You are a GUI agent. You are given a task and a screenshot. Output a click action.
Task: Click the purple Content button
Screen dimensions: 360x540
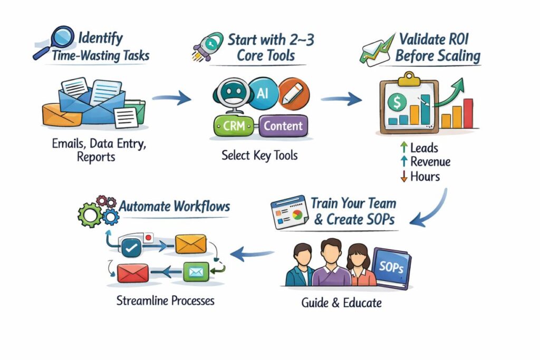pyautogui.click(x=283, y=125)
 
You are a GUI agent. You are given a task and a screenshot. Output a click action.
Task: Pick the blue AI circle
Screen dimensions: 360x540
pyautogui.click(x=262, y=93)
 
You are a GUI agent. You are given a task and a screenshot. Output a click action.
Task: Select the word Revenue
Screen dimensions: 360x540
pyautogui.click(x=430, y=162)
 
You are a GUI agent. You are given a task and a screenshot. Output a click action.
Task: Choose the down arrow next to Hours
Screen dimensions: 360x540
pyautogui.click(x=404, y=177)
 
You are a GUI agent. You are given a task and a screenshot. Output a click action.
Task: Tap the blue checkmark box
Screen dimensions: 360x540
pyautogui.click(x=130, y=246)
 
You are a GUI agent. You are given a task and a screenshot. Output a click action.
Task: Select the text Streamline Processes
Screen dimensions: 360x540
pyautogui.click(x=165, y=301)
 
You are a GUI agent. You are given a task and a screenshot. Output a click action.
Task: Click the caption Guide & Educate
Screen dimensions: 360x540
pyautogui.click(x=341, y=303)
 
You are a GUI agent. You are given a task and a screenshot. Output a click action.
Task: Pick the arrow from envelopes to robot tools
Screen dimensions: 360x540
pyautogui.click(x=171, y=98)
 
